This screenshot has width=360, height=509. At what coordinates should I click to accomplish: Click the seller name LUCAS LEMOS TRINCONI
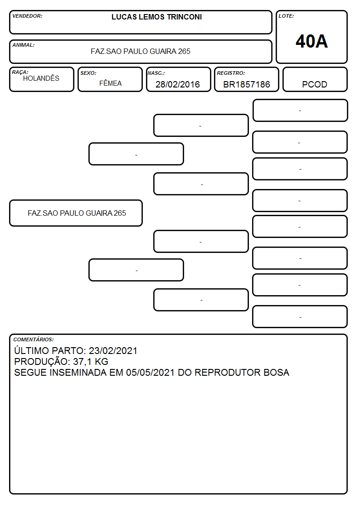pyautogui.click(x=156, y=17)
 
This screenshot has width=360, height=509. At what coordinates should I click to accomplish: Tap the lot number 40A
pyautogui.click(x=311, y=41)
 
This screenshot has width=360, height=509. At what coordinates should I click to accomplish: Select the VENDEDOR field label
pyautogui.click(x=27, y=16)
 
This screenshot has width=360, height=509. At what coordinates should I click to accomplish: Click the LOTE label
pyautogui.click(x=286, y=16)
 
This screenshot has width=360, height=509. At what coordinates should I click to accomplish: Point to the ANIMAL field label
pyautogui.click(x=24, y=45)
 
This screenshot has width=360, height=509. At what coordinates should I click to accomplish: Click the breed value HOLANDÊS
pyautogui.click(x=41, y=78)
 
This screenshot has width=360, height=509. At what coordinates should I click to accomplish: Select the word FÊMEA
pyautogui.click(x=110, y=83)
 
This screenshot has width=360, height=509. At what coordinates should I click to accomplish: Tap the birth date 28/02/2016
pyautogui.click(x=178, y=84)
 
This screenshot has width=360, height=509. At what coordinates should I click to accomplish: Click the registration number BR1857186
pyautogui.click(x=247, y=84)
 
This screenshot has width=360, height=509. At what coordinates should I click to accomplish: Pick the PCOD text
pyautogui.click(x=315, y=84)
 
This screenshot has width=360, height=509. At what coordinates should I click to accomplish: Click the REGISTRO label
pyautogui.click(x=231, y=73)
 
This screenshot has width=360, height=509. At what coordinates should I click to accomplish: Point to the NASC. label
pyautogui.click(x=156, y=73)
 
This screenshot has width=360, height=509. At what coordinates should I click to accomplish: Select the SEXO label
pyautogui.click(x=88, y=73)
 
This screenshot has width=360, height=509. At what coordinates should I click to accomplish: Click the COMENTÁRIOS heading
pyautogui.click(x=34, y=339)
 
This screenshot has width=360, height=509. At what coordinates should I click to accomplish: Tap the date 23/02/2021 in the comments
pyautogui.click(x=113, y=351)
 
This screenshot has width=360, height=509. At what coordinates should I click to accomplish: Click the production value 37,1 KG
pyautogui.click(x=91, y=362)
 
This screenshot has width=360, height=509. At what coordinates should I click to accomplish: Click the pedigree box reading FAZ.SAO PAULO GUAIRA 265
pyautogui.click(x=76, y=213)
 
